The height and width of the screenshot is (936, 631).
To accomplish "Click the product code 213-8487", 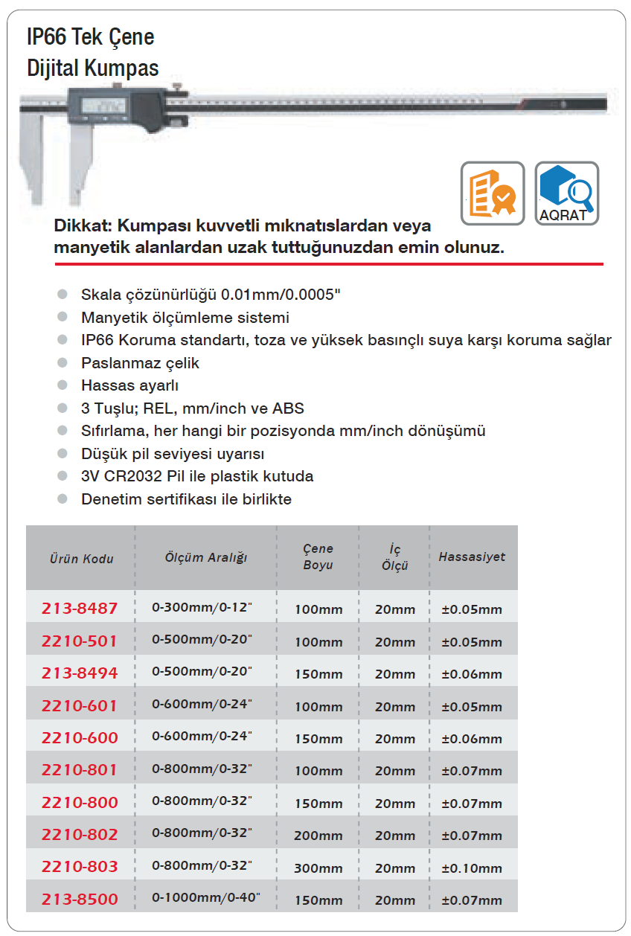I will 80,609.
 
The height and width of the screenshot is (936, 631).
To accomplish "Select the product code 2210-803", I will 80,867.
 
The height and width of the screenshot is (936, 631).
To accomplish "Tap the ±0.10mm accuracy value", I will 472,868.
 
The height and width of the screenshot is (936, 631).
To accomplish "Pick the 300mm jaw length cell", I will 318,868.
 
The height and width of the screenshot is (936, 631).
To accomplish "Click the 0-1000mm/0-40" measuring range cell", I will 206,898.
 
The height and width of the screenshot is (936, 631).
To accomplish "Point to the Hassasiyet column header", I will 472,557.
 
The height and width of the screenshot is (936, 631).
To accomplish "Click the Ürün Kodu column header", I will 82,558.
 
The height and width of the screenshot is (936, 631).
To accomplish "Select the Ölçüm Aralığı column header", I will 206,557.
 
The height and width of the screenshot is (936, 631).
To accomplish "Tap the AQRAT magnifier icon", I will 566,193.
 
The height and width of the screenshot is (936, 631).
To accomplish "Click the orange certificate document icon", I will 493,193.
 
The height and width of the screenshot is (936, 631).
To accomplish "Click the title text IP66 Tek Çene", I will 90,37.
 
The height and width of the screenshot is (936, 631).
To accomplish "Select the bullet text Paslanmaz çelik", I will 140,363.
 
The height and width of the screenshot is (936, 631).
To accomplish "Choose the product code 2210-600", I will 80,737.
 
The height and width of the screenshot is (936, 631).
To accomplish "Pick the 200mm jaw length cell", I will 318,836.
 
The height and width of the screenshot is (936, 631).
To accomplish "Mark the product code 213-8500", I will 80,899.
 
